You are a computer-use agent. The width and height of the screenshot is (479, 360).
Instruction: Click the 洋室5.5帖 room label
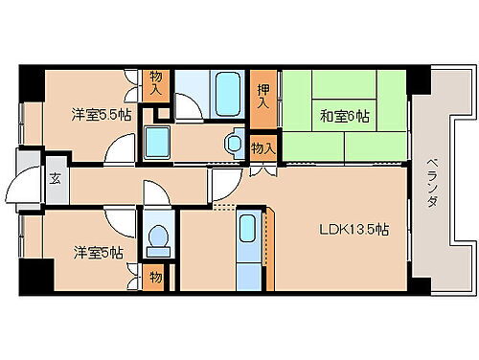click(98, 114)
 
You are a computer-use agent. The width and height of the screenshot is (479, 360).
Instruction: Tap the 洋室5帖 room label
click(99, 253)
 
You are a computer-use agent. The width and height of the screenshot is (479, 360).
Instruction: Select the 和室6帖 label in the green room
click(345, 117)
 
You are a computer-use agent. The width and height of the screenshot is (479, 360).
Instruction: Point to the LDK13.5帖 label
click(354, 230)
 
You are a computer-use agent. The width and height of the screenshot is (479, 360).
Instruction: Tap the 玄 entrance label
click(56, 177)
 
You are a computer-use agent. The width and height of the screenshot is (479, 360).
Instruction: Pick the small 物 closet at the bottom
click(156, 279)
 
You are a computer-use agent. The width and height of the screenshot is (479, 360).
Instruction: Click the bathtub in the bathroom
click(228, 93)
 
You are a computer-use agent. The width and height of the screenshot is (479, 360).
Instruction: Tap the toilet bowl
click(157, 239)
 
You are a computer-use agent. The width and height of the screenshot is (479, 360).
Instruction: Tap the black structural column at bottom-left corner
click(35, 279)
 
